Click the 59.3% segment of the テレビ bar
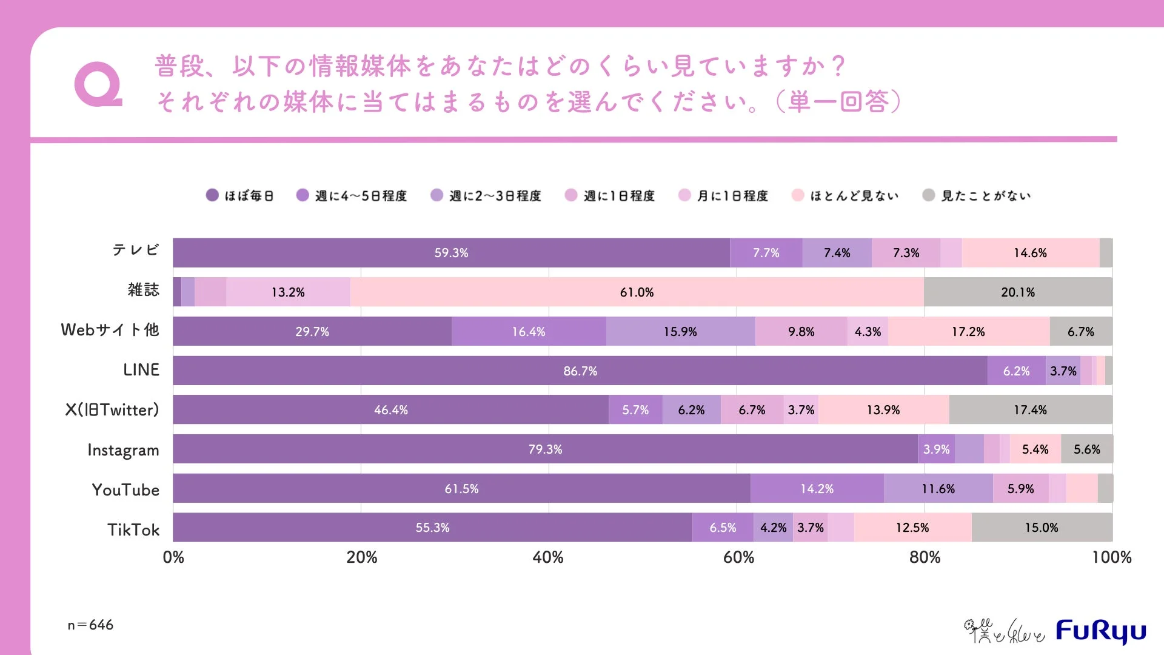click(451, 253)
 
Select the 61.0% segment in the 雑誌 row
click(637, 292)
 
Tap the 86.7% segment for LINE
click(580, 371)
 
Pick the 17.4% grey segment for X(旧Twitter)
click(1030, 410)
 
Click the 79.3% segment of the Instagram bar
click(545, 449)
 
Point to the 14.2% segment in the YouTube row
click(817, 489)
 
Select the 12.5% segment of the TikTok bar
click(912, 528)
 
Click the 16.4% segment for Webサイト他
click(528, 332)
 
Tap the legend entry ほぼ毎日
click(240, 195)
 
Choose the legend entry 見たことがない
click(976, 195)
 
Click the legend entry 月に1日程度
click(723, 195)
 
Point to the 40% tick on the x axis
click(548, 557)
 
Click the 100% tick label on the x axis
click(1111, 557)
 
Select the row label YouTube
click(125, 489)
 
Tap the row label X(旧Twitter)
click(112, 410)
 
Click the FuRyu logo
click(1100, 631)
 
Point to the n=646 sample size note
click(90, 625)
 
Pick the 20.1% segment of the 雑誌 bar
click(1017, 292)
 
